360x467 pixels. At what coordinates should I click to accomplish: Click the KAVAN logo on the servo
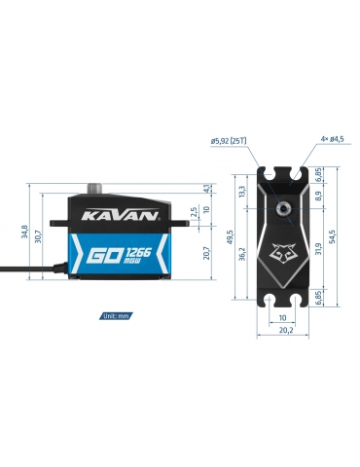[x=120, y=215]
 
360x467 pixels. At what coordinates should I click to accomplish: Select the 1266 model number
[x=138, y=252]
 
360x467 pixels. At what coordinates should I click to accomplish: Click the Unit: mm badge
[x=116, y=315]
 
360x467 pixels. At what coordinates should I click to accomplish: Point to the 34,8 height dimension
[x=24, y=232]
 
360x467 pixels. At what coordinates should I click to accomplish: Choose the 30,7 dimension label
[x=38, y=236]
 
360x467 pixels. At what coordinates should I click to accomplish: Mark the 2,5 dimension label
[x=194, y=212]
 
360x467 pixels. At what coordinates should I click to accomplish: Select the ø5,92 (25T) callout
[x=229, y=141]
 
